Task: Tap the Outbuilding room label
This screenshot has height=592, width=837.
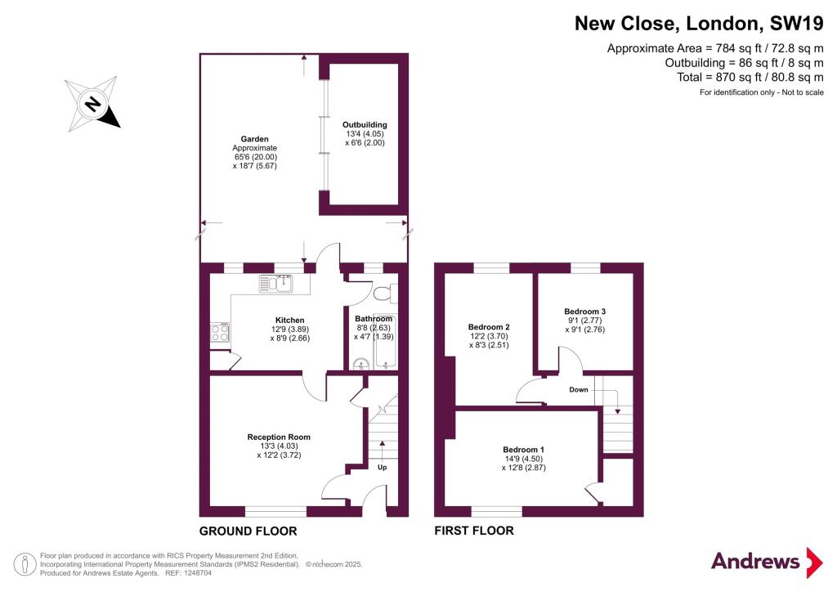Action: [x=364, y=124]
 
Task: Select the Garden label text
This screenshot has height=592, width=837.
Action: [x=254, y=139]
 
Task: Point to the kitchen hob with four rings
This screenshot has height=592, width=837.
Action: [x=220, y=332]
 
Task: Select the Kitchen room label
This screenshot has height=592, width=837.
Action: [x=289, y=320]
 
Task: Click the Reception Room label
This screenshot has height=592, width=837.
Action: [x=279, y=437]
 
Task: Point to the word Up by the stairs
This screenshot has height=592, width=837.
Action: [x=382, y=468]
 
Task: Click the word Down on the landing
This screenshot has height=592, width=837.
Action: [x=579, y=389]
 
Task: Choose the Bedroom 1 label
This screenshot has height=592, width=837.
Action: [x=523, y=450]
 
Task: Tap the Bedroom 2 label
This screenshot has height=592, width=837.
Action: [x=488, y=325]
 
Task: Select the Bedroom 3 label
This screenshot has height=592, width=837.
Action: [x=584, y=312]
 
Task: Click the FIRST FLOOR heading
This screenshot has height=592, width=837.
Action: [x=474, y=531]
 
